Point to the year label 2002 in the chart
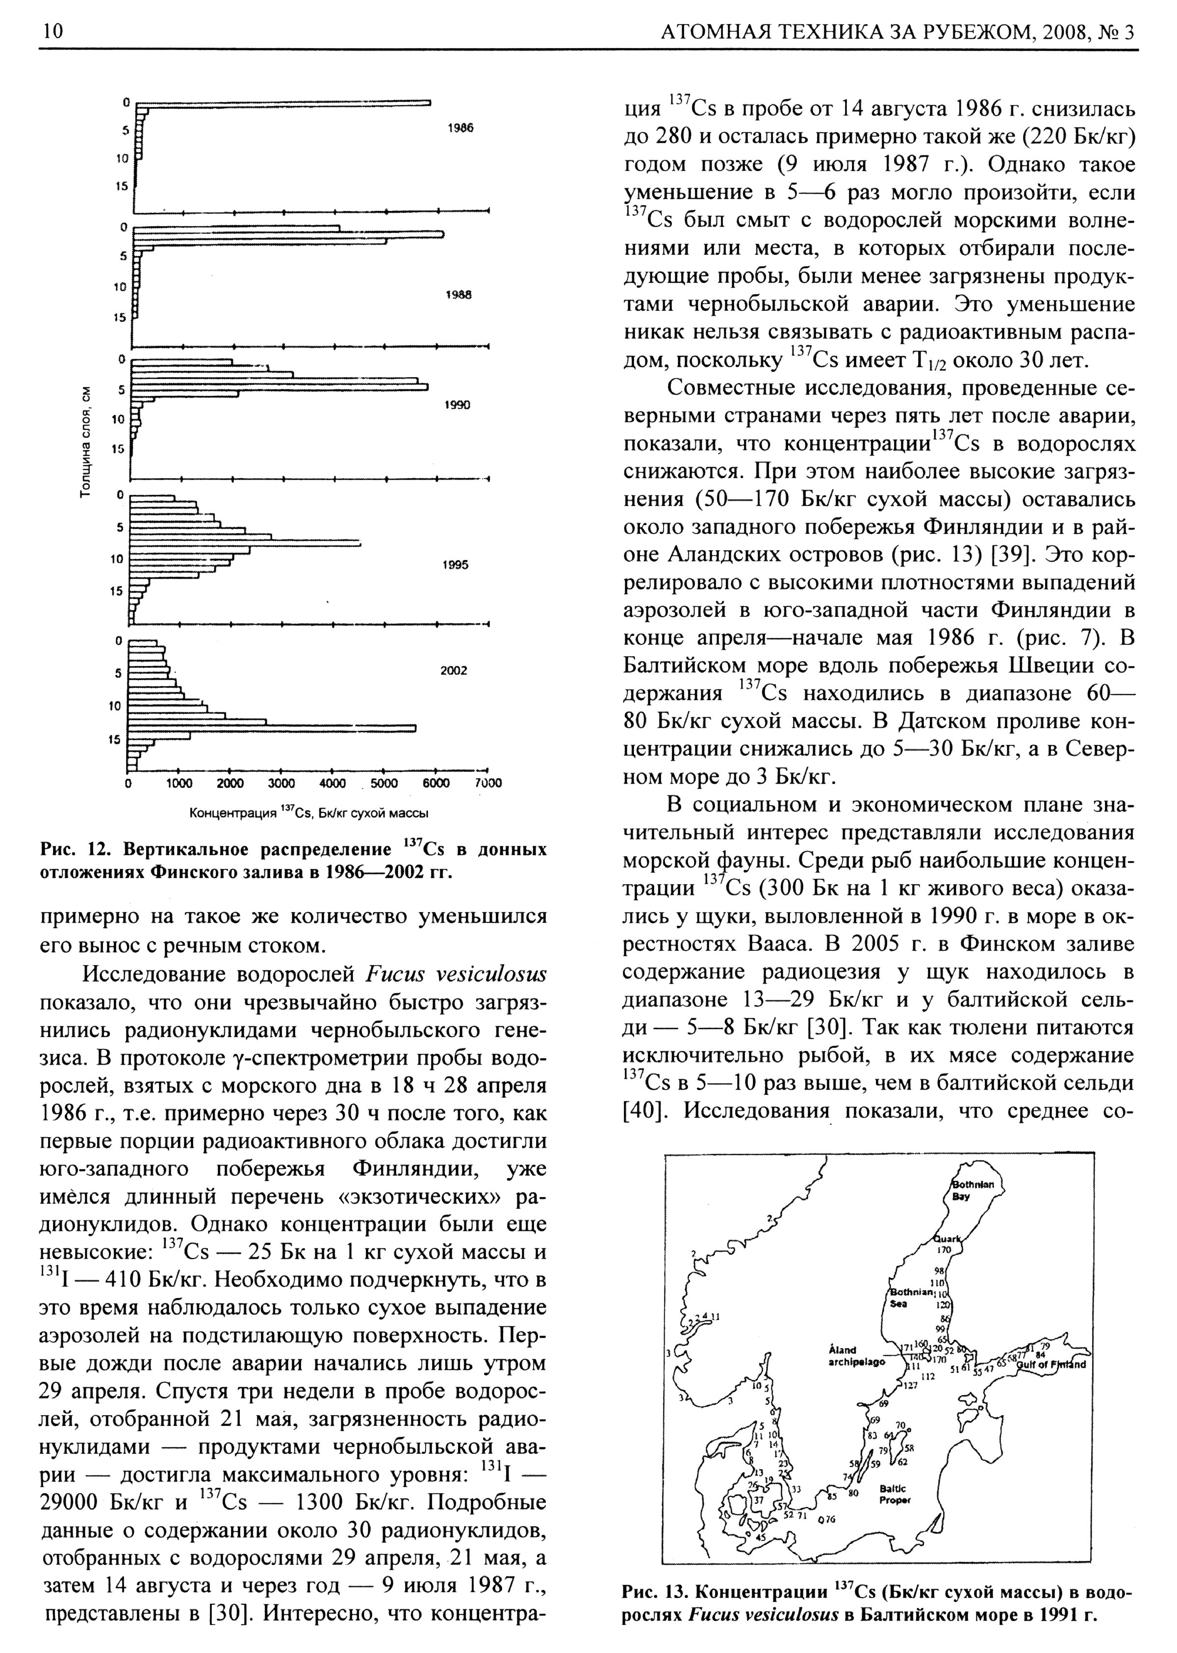point(454,670)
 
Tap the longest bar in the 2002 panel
point(272,728)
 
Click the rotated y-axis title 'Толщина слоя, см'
point(86,440)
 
